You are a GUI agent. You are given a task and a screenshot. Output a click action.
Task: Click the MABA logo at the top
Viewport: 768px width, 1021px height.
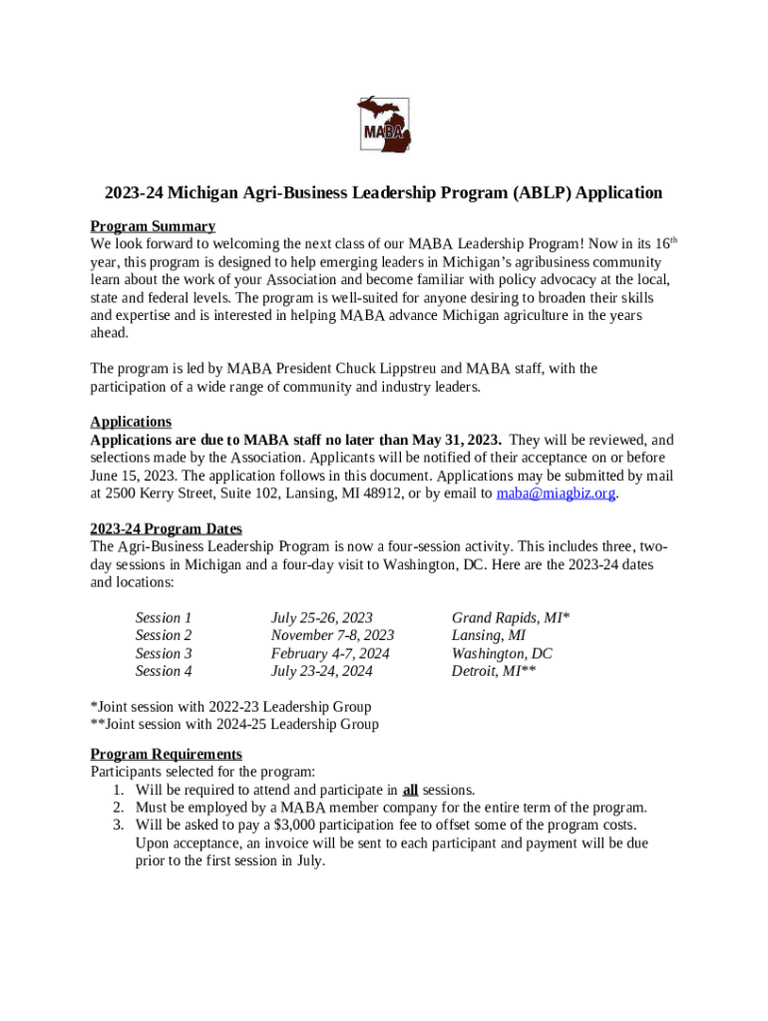click(384, 126)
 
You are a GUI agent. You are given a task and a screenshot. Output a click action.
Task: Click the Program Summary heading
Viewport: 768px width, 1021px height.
click(153, 226)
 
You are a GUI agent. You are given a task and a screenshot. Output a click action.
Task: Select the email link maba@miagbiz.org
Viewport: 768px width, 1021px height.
click(555, 493)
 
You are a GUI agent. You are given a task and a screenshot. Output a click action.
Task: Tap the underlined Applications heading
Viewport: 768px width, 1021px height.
click(131, 422)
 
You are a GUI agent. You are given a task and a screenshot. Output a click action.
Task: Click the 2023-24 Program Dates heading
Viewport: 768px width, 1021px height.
click(166, 528)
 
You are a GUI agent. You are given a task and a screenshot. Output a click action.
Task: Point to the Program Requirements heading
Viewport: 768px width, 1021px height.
click(166, 754)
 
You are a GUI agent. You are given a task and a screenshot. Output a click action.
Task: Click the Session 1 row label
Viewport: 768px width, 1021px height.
click(164, 618)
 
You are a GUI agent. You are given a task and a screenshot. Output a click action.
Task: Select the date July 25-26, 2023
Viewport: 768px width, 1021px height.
click(321, 618)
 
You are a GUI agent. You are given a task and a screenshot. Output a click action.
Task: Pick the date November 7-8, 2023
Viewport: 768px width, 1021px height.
click(332, 635)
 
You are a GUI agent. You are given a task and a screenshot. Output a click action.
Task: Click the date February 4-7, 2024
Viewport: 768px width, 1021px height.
click(330, 653)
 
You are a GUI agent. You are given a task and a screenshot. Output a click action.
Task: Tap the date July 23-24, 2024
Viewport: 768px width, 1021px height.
click(321, 671)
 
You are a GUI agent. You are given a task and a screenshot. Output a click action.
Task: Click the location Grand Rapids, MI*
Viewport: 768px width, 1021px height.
click(511, 618)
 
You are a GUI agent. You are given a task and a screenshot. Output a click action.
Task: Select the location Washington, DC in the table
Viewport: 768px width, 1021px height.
click(502, 653)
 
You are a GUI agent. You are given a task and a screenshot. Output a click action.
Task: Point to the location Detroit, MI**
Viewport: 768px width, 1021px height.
click(494, 671)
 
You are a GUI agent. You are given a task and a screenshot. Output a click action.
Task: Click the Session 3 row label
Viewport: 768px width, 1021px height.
click(164, 653)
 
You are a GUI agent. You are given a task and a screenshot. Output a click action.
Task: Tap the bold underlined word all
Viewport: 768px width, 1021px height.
click(410, 790)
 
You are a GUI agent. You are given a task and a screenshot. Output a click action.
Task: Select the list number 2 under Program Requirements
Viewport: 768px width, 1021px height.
click(118, 808)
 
